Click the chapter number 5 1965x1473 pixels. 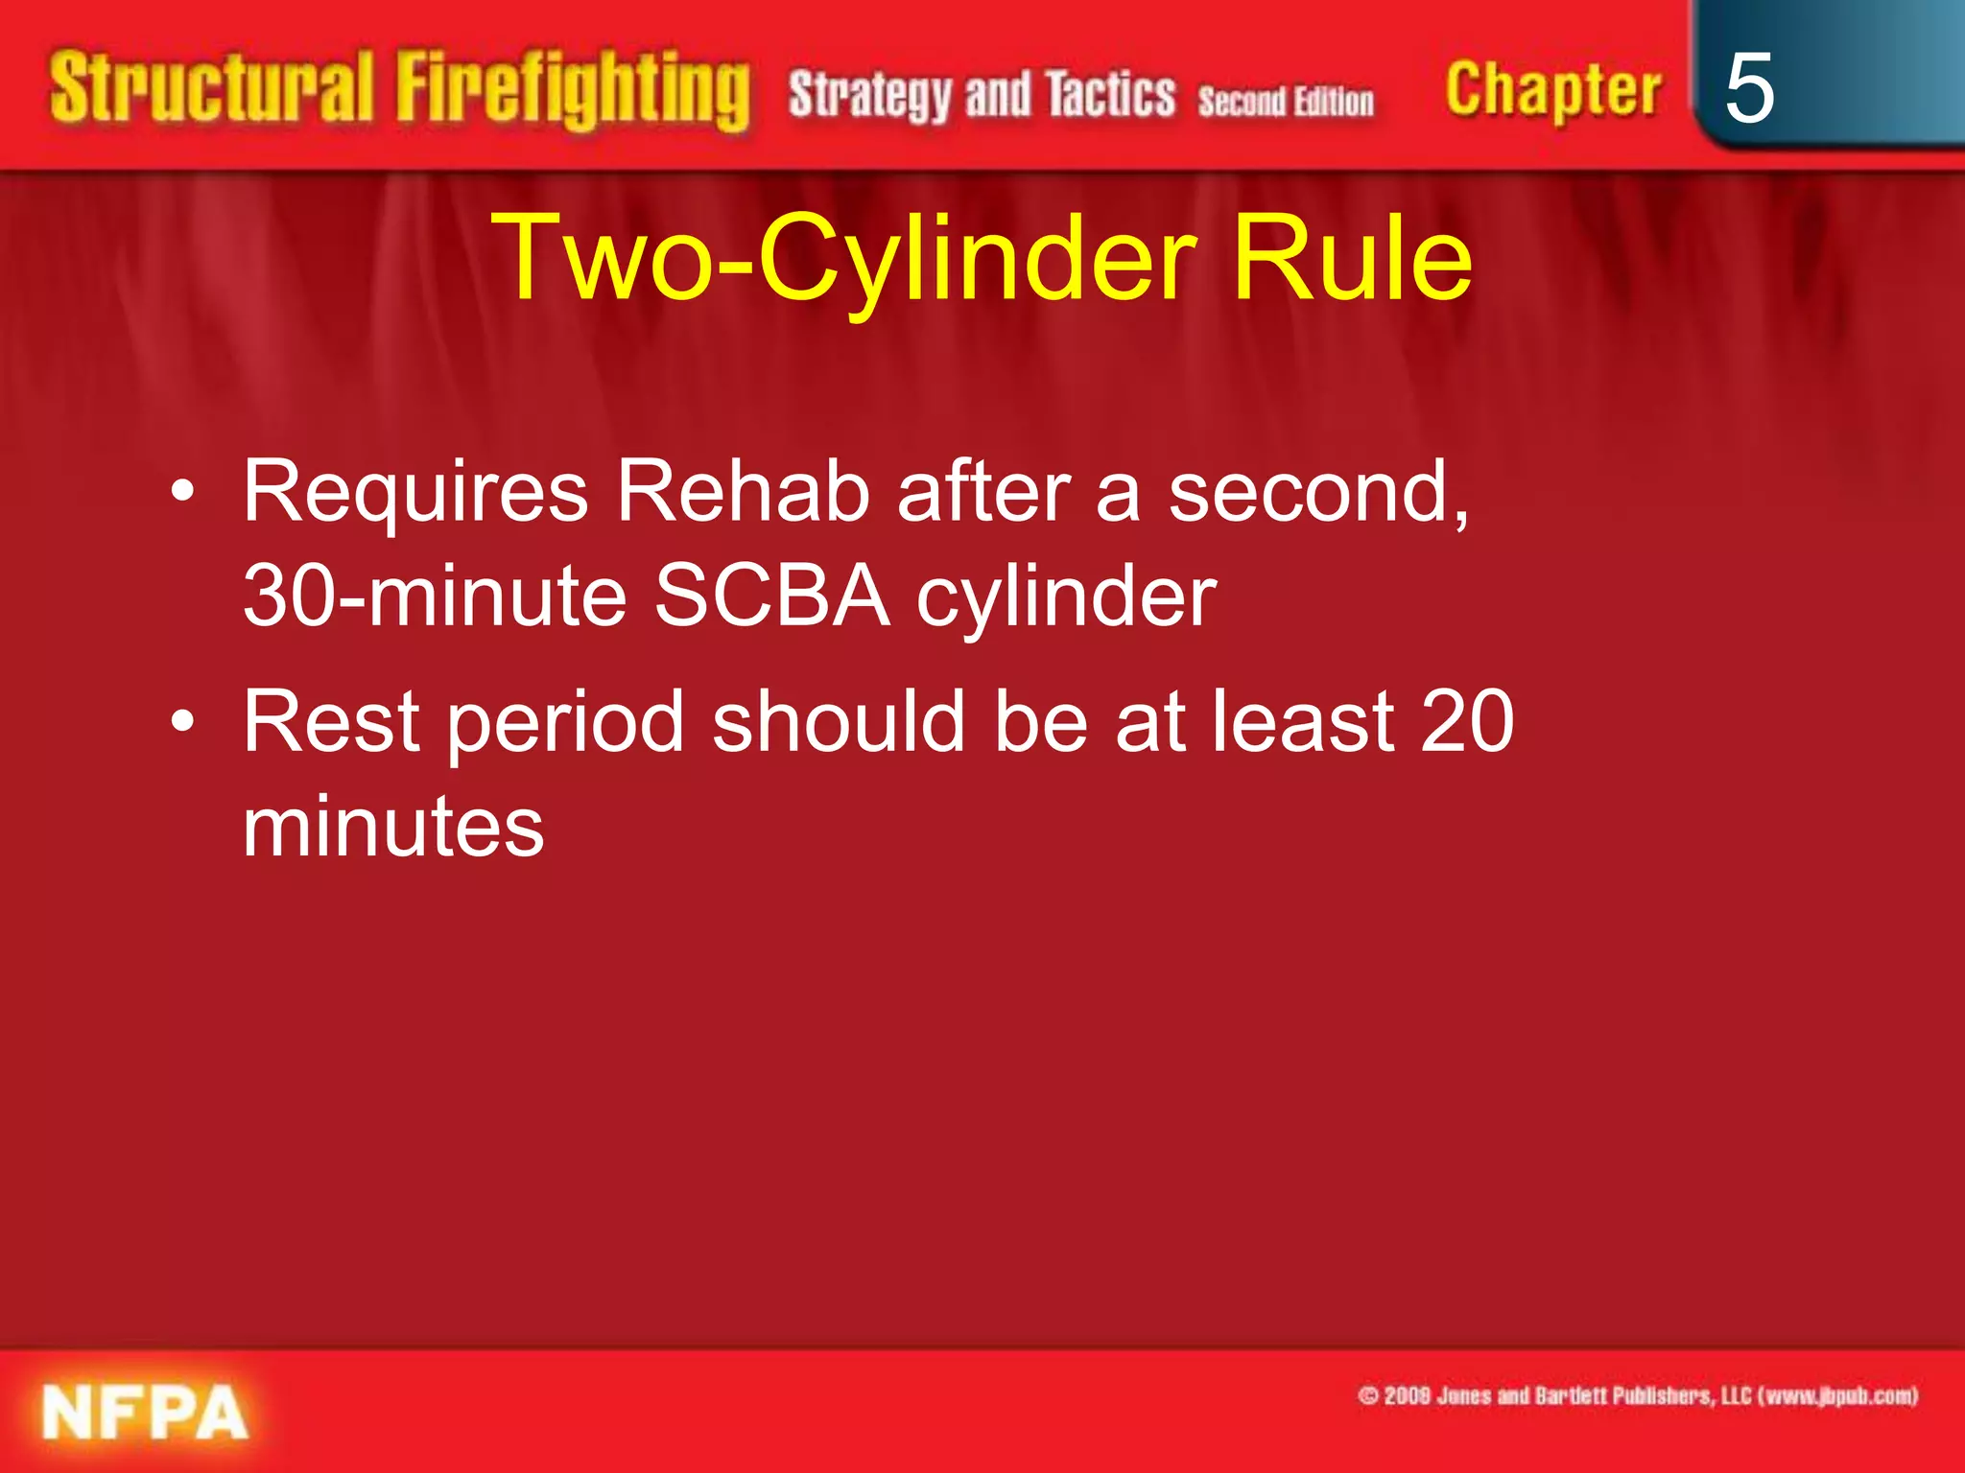[1748, 88]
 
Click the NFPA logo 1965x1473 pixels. [145, 1413]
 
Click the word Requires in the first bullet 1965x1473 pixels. [415, 493]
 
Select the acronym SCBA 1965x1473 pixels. [771, 596]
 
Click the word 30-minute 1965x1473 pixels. [435, 596]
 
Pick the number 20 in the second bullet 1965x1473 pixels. [1467, 721]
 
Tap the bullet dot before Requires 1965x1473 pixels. [182, 493]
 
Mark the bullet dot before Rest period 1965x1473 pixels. [182, 721]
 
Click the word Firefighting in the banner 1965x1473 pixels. [573, 91]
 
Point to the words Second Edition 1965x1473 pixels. [1286, 102]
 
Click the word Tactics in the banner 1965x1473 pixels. [1110, 96]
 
